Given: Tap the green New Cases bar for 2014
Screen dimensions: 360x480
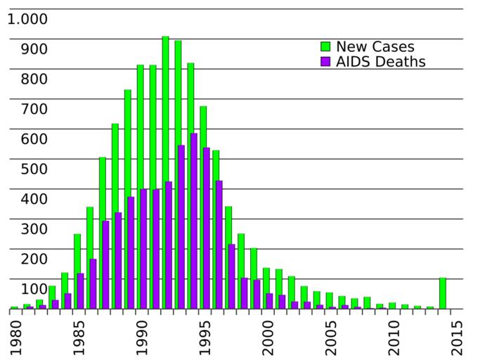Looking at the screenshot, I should [x=443, y=293].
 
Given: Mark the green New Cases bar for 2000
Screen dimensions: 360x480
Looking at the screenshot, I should [x=266, y=288].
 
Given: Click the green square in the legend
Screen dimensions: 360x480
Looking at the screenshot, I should [x=325, y=47].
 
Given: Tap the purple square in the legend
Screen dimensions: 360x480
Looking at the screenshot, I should [x=325, y=62].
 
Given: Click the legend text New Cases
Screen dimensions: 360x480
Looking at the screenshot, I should [x=375, y=47].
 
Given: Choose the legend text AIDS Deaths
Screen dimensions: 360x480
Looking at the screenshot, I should [x=381, y=62].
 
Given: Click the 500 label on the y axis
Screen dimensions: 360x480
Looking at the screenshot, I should [x=34, y=169].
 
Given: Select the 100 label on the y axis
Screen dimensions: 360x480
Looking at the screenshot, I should [x=34, y=289].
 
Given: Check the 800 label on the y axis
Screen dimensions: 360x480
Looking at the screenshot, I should [x=34, y=79].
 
